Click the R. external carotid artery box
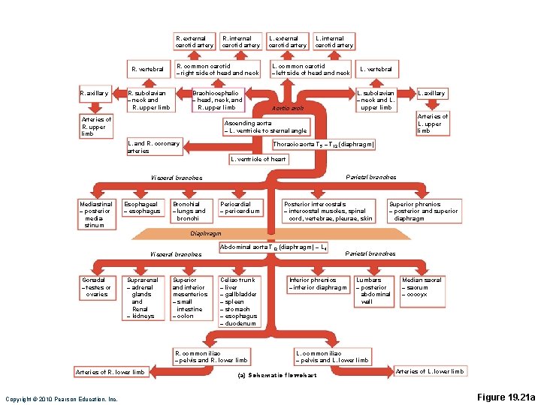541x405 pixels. coord(193,41)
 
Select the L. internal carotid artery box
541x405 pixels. coord(334,41)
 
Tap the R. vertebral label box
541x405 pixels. coord(148,69)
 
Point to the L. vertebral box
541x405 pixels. coord(376,69)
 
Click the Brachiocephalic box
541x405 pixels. coord(218,100)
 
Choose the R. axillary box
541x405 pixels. coord(95,93)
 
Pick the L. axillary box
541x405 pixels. coord(431,93)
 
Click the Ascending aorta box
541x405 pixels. coord(265,127)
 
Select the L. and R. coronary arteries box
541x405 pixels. coord(154,147)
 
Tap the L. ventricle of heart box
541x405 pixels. coord(258,159)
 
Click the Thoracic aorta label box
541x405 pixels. coord(323,143)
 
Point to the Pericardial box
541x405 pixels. coord(239,208)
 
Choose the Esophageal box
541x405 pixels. coord(141,208)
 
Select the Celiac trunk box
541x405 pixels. coord(239,301)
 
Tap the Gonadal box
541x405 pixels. coord(96,286)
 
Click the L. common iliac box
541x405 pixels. coord(332,356)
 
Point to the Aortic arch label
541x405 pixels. coord(288,108)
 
